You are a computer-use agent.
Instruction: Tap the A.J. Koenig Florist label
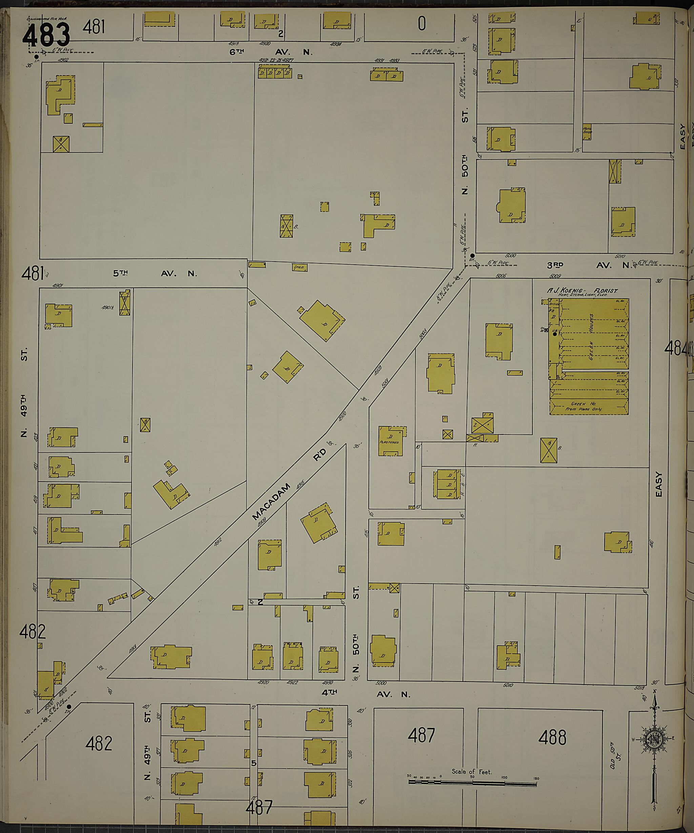582,291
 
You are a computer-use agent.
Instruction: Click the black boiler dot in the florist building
555,334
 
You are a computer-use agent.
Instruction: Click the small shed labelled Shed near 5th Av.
300,267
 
